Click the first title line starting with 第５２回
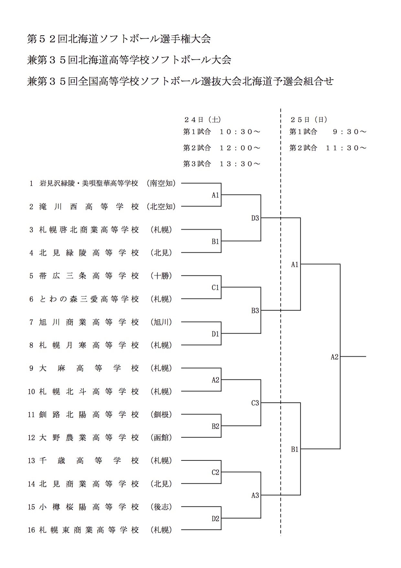[119, 39]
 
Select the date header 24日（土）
[202, 120]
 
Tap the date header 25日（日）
[309, 120]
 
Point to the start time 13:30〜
[240, 164]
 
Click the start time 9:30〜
[350, 132]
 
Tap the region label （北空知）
[161, 207]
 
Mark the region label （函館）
[161, 438]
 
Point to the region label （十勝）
[161, 276]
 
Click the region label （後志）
[161, 507]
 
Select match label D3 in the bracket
[255, 218]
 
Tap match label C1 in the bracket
[215, 287]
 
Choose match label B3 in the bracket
[255, 310]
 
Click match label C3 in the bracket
[255, 403]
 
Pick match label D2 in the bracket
[215, 518]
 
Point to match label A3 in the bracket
[255, 495]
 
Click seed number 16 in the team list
[31, 530]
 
